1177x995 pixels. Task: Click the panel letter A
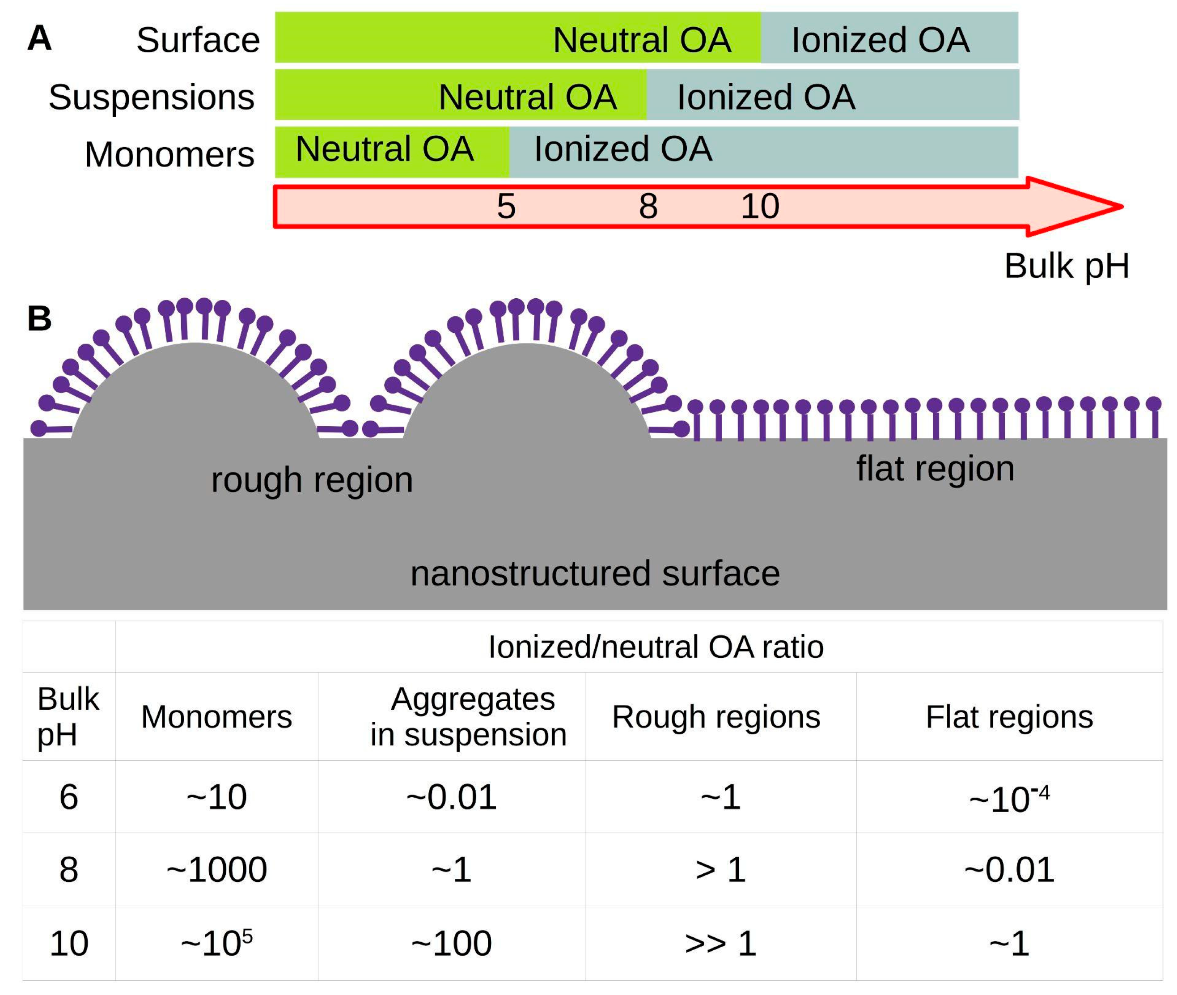click(39, 38)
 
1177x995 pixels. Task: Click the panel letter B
click(39, 319)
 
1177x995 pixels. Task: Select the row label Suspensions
click(151, 97)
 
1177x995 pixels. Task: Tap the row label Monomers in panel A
click(169, 154)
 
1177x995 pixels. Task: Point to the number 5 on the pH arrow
click(505, 207)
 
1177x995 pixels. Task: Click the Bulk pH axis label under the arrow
click(1066, 266)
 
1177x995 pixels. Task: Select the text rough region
click(311, 480)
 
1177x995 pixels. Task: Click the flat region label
click(935, 469)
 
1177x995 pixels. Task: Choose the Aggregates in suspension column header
click(468, 716)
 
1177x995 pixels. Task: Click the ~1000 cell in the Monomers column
click(216, 869)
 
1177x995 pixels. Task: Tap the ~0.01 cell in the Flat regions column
click(1008, 869)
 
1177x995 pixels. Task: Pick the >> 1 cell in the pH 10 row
click(720, 943)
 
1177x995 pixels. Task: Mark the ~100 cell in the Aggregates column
click(451, 943)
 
